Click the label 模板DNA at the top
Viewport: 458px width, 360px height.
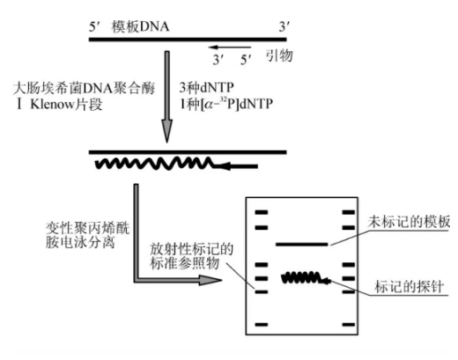[140, 26]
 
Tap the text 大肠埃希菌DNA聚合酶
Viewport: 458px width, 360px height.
[77, 89]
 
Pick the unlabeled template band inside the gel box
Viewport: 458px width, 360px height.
[301, 243]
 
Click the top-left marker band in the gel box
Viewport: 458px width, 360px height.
[262, 212]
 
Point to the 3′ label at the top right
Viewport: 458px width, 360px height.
[284, 27]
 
